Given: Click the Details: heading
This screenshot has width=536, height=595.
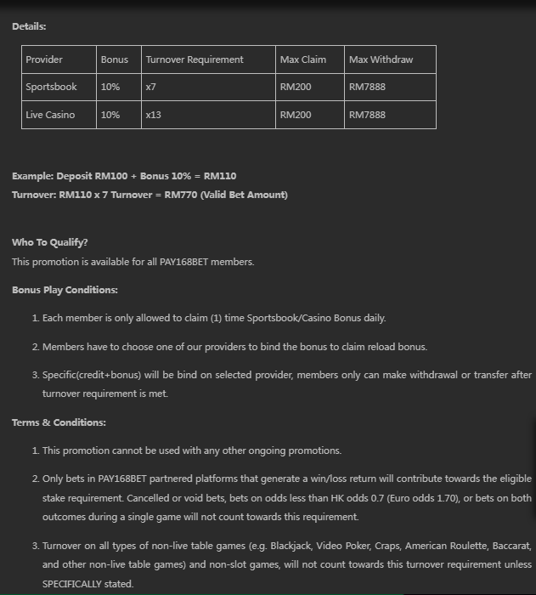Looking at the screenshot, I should [x=29, y=26].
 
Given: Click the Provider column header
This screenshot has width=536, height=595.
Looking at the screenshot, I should [x=44, y=59].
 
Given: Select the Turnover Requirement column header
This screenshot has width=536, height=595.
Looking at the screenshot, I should [x=195, y=59].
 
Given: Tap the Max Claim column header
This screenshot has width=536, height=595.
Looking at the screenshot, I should [x=303, y=59].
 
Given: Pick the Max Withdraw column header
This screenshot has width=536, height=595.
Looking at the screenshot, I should [x=381, y=59].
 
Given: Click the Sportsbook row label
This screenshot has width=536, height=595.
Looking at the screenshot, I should [x=51, y=87].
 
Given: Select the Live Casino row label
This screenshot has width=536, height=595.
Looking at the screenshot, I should [x=50, y=115].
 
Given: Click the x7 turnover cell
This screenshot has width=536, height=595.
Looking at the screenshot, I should [x=151, y=87].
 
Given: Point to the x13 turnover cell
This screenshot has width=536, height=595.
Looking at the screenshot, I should [x=154, y=115].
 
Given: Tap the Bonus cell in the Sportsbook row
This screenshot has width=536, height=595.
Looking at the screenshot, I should [x=110, y=87].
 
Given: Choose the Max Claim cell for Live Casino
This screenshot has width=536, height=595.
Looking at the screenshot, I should [x=296, y=115].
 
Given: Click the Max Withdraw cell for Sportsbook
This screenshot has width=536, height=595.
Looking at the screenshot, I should [x=367, y=87].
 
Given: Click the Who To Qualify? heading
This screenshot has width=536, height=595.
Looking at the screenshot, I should [x=49, y=242].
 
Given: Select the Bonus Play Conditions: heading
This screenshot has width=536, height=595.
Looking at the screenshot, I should [x=65, y=290].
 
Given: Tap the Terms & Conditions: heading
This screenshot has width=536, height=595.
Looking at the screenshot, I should [x=59, y=422].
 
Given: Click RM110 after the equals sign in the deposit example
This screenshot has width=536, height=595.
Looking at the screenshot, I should [x=220, y=176].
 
